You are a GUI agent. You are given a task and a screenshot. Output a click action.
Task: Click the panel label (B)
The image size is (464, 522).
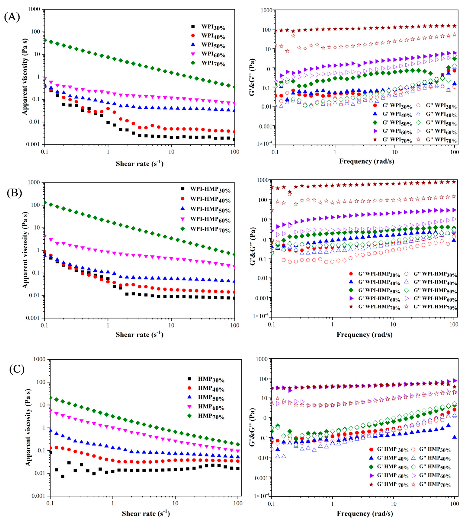14,193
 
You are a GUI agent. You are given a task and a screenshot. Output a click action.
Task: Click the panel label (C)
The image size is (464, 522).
17,369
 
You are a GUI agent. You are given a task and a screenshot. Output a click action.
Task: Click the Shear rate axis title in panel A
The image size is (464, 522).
139,163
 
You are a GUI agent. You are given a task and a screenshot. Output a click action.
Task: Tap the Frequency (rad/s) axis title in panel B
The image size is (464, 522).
364,334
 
